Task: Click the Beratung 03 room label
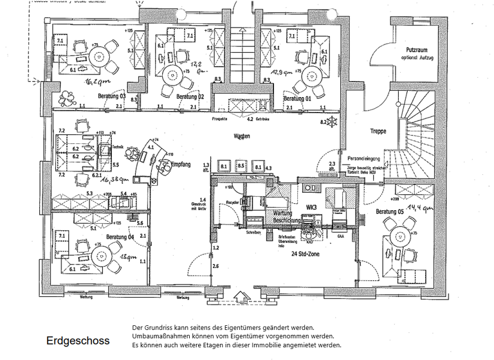pos(110,96)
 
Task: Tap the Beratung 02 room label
pos(190,96)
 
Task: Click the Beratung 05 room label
pos(390,212)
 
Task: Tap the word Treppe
pos(378,131)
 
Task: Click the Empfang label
pos(182,165)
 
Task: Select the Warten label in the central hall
pos(242,137)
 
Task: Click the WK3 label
pos(312,208)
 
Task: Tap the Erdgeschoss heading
pos(77,341)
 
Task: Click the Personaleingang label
pos(363,157)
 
